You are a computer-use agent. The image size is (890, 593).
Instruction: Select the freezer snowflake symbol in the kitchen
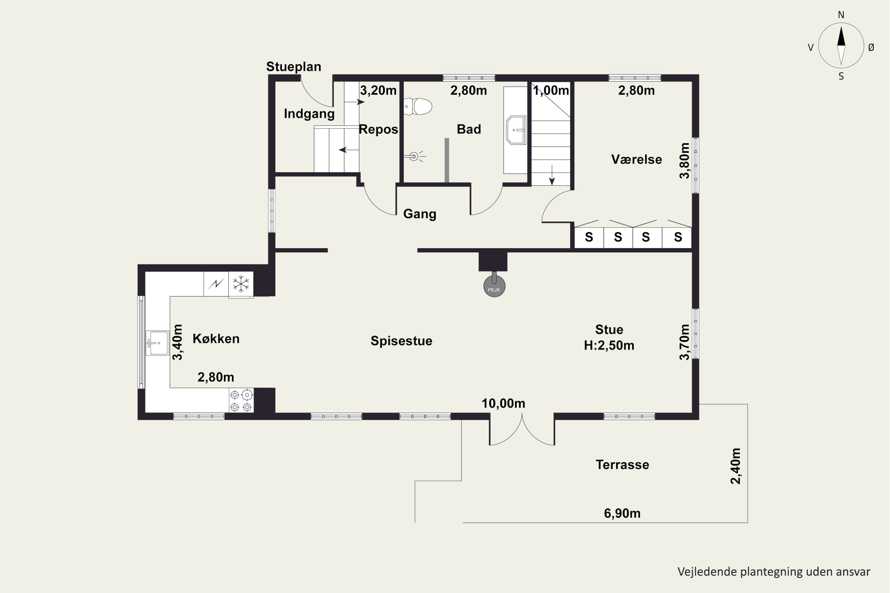click(241, 284)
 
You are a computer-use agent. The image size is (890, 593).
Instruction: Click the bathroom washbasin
click(516, 130)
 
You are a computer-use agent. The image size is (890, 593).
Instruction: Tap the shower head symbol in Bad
click(415, 156)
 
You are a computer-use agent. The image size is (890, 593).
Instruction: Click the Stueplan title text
click(294, 66)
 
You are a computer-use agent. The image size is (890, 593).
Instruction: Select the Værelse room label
click(636, 159)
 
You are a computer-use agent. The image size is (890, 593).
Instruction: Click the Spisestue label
click(401, 341)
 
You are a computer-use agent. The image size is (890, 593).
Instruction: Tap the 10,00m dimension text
click(503, 404)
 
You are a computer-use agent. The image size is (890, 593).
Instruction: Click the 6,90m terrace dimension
click(622, 513)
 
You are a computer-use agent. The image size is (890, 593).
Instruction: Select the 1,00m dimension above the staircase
click(551, 90)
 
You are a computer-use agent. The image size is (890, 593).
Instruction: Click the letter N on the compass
click(841, 15)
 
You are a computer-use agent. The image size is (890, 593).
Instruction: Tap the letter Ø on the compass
click(871, 47)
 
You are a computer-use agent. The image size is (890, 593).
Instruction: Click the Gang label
click(420, 214)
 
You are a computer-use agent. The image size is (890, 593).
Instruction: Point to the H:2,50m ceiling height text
click(609, 345)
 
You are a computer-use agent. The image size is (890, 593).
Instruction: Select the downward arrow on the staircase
click(552, 175)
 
